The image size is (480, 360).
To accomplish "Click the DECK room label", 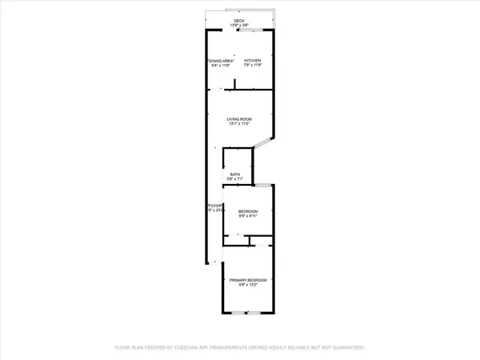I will [239, 20].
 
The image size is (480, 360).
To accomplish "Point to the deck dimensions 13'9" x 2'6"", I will [239, 26].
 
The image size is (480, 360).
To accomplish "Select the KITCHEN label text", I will [253, 61].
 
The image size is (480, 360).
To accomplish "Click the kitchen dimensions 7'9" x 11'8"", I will [253, 66].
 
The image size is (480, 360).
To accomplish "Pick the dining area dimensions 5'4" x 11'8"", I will [218, 66].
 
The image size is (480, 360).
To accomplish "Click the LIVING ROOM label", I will [238, 119].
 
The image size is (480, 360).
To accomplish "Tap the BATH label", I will [235, 174].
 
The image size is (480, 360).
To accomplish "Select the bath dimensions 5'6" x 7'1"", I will [235, 179].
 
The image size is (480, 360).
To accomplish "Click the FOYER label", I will [215, 206].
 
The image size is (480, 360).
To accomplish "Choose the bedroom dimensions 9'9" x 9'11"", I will [248, 216].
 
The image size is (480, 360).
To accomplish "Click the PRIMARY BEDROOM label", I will [248, 280].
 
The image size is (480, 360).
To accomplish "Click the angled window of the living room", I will [263, 143].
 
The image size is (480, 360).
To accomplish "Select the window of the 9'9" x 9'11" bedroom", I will [262, 186].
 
